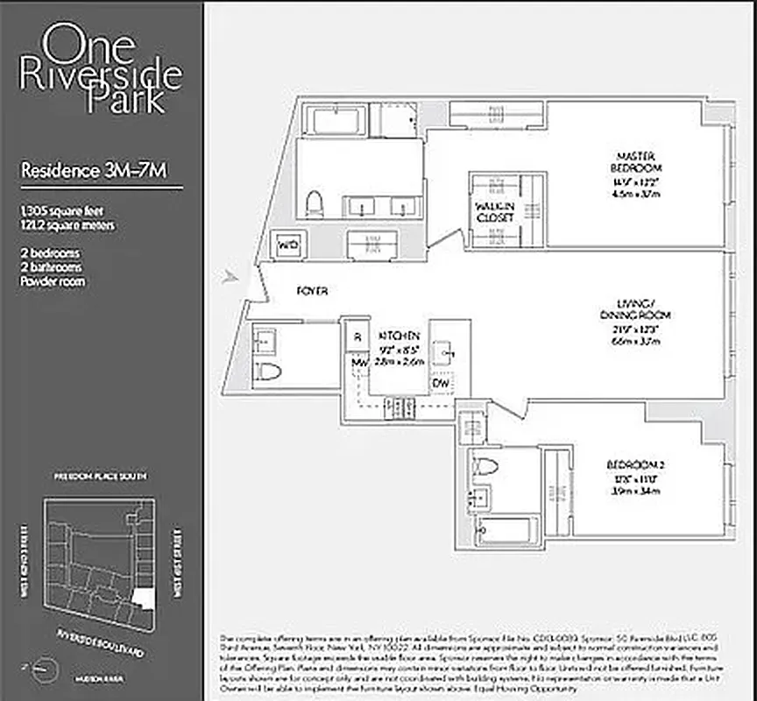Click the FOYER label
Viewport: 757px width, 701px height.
click(x=312, y=291)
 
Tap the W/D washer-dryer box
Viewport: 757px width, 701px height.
click(x=288, y=245)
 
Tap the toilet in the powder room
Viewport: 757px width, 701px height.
click(x=269, y=372)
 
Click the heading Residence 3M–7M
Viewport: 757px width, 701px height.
click(x=93, y=170)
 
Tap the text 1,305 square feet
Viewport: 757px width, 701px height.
click(x=64, y=210)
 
